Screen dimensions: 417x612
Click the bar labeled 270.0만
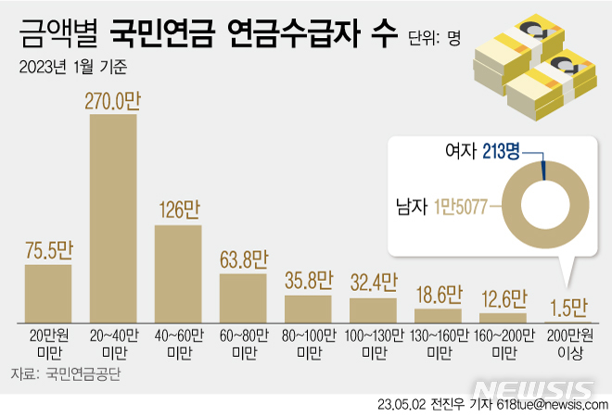(x=113, y=218)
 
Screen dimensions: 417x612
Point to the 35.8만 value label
(x=308, y=281)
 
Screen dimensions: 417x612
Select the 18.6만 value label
(x=438, y=295)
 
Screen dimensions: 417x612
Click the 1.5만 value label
(x=567, y=307)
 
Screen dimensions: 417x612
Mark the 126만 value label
(x=178, y=209)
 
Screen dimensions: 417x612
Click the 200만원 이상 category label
(x=567, y=342)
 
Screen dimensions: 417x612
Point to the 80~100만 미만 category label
(x=308, y=342)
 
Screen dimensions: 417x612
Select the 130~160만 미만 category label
(x=438, y=342)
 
